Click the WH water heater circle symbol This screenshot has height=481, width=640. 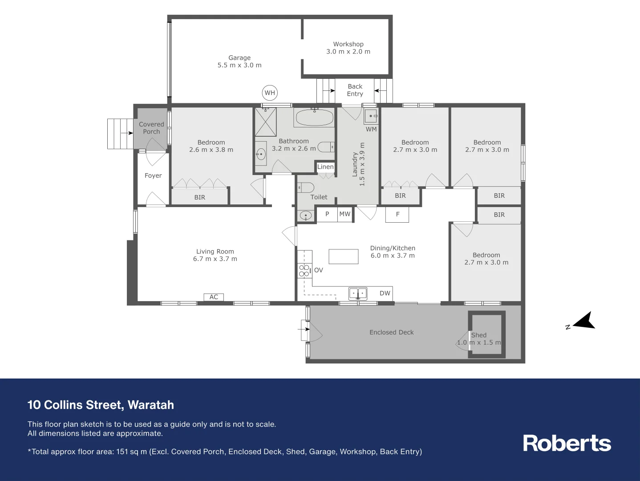pos(270,93)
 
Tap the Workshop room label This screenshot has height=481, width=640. pos(348,44)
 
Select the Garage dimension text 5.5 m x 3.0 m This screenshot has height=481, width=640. pos(239,65)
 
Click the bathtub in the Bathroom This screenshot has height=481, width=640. pos(314,118)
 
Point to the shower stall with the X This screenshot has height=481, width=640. pos(266,122)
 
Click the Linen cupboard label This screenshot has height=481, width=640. pos(325,167)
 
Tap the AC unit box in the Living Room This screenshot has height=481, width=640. pos(214,297)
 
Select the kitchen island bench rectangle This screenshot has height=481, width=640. pos(343,257)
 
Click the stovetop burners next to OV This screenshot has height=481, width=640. pos(304,270)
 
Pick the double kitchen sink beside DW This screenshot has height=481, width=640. pos(358,293)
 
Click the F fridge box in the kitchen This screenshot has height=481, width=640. pos(397,214)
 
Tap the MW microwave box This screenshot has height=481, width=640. pos(345,214)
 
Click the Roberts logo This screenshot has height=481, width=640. pos(567,443)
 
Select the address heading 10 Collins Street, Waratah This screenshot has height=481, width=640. pos(101,405)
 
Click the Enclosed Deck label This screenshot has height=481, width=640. pos(391,332)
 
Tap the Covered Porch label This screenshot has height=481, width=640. pos(151,128)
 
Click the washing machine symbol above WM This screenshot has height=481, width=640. pos(371,116)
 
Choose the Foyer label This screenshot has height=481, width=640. pos(153,175)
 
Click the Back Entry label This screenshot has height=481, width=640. pos(355,90)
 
